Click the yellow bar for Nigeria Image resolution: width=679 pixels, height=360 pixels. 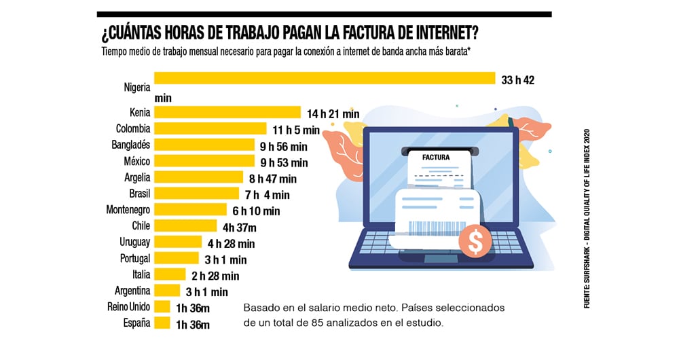(x=325, y=79)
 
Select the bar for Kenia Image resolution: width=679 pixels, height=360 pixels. (x=227, y=112)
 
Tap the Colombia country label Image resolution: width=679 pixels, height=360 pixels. (x=133, y=128)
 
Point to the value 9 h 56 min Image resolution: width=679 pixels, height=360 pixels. (x=285, y=146)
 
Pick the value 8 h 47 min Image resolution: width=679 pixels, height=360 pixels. (x=273, y=179)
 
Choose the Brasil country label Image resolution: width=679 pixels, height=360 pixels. (x=139, y=194)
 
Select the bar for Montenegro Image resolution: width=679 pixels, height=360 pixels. (x=190, y=210)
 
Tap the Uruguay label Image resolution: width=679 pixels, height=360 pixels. (x=134, y=242)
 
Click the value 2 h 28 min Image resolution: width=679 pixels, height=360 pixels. (x=215, y=276)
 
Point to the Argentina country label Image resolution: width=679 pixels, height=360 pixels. (x=131, y=291)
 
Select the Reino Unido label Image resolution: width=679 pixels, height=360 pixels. (x=129, y=307)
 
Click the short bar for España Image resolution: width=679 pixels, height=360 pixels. (x=162, y=323)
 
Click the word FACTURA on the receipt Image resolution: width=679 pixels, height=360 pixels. (x=436, y=158)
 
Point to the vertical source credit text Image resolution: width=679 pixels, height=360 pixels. (x=588, y=217)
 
